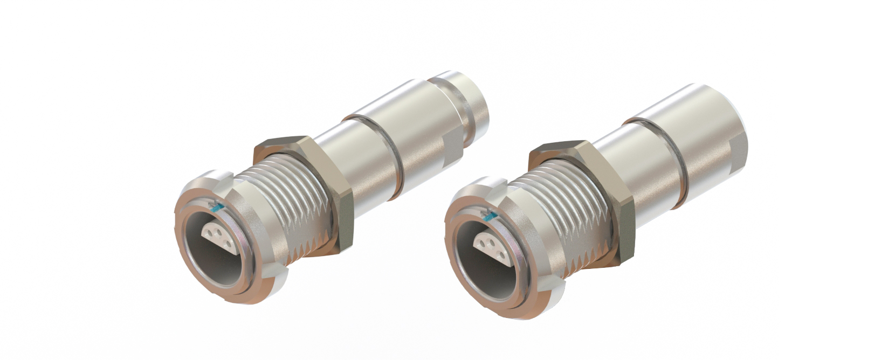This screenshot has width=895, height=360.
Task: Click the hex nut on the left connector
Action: pos(323,189)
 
